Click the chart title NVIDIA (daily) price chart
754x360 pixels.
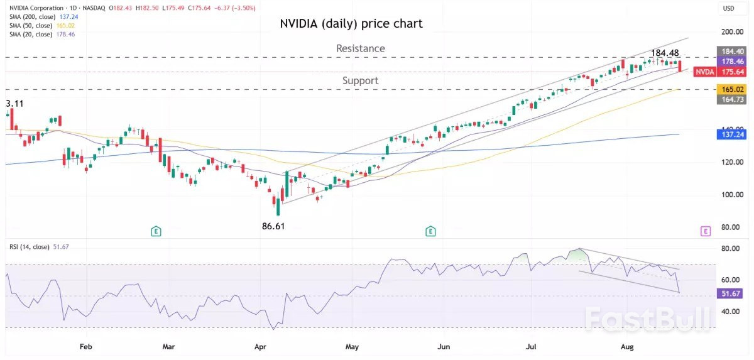pos(351,24)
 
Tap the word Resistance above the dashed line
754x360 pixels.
pos(360,48)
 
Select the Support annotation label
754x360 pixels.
pos(360,80)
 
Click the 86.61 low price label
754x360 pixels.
pos(276,225)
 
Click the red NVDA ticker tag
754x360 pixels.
pos(705,72)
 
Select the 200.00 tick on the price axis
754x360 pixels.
pos(728,31)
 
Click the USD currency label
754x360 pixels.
pos(729,8)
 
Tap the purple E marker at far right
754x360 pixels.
pos(705,231)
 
